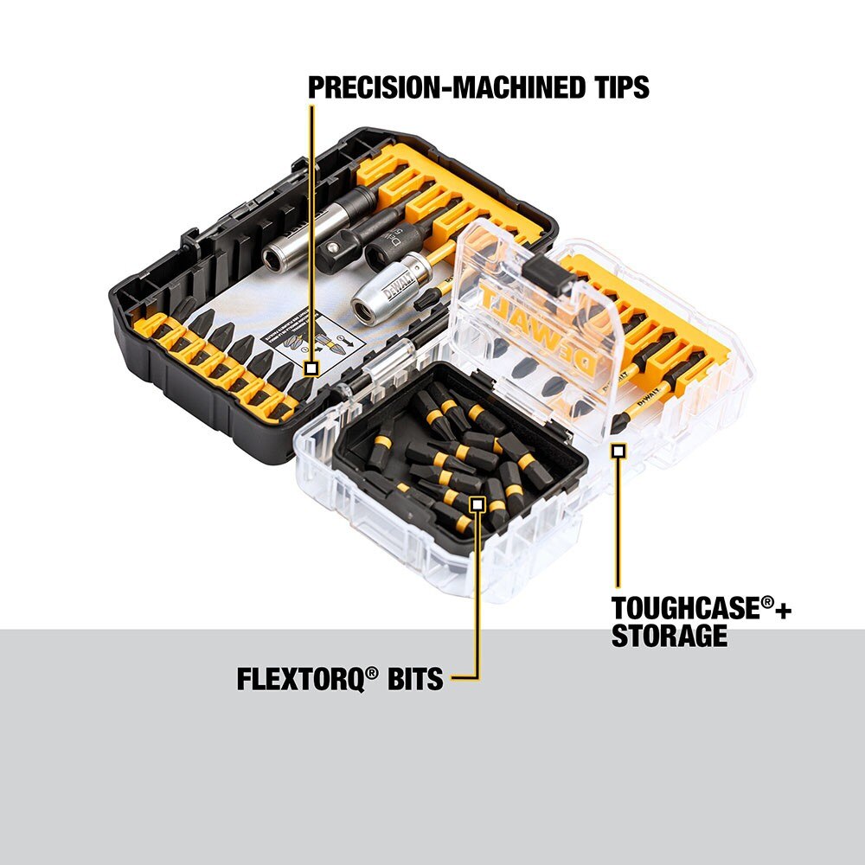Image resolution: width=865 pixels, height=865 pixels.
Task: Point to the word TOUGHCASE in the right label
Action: point(685,608)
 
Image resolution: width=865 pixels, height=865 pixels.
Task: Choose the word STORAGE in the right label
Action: point(669,637)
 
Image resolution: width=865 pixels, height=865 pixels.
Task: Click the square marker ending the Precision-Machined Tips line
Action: point(311,368)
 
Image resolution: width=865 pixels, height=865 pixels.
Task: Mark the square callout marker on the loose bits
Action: point(476,503)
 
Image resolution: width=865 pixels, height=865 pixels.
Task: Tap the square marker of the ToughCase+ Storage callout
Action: point(618,450)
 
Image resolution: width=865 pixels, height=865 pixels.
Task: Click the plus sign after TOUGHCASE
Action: point(783,609)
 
